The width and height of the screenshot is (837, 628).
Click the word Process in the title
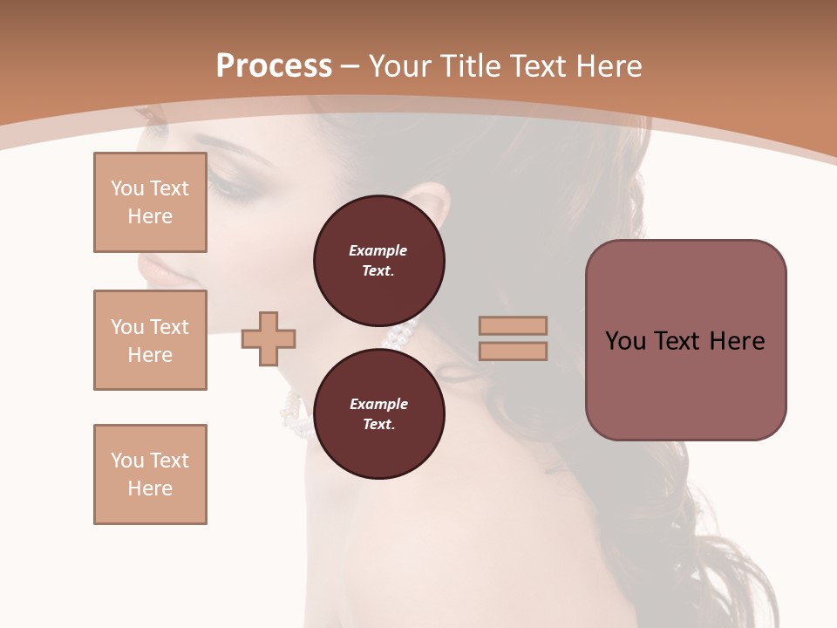(x=274, y=66)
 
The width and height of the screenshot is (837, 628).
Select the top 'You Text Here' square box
(x=150, y=202)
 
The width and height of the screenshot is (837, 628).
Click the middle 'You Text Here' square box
(x=150, y=340)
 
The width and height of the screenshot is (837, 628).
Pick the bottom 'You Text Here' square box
(x=150, y=474)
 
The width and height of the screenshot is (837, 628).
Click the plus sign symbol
(x=269, y=338)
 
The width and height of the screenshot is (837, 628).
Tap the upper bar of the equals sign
(x=513, y=326)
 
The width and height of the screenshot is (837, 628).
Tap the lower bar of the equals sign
(x=513, y=351)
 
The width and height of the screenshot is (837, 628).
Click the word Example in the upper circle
(x=378, y=250)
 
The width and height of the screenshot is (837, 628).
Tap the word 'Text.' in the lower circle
(x=378, y=425)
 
